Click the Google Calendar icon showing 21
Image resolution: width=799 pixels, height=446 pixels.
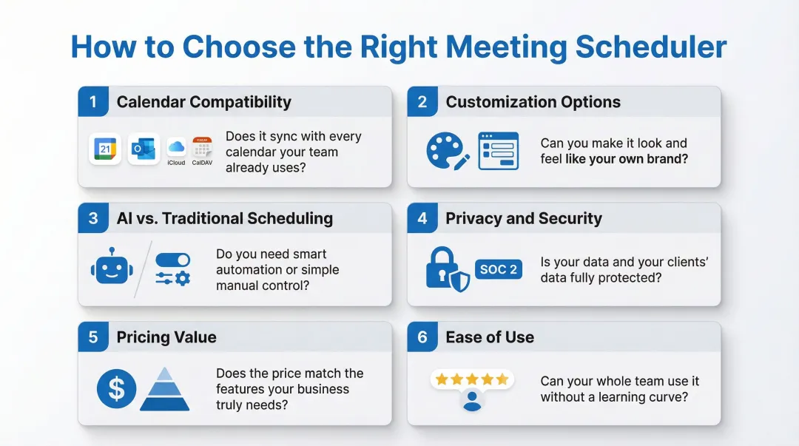coord(105,149)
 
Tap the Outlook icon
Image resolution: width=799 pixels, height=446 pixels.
coord(143,149)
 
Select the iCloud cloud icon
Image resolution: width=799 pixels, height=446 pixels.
coord(176,146)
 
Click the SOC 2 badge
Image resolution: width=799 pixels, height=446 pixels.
coord(498,269)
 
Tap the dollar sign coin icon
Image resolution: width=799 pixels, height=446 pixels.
coord(116,389)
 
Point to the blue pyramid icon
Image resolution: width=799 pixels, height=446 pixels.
coord(165,389)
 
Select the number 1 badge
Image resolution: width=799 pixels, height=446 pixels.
coord(93,102)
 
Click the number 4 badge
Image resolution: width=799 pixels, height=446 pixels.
coord(422,218)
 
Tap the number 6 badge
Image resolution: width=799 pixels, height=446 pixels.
coord(422,337)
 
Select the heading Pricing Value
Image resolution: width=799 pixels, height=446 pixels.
coord(166,337)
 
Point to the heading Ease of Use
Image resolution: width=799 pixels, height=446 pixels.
coord(490,337)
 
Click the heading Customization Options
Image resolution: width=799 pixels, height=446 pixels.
coord(533,102)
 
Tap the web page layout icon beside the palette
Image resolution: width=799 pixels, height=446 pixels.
coord(498,151)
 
